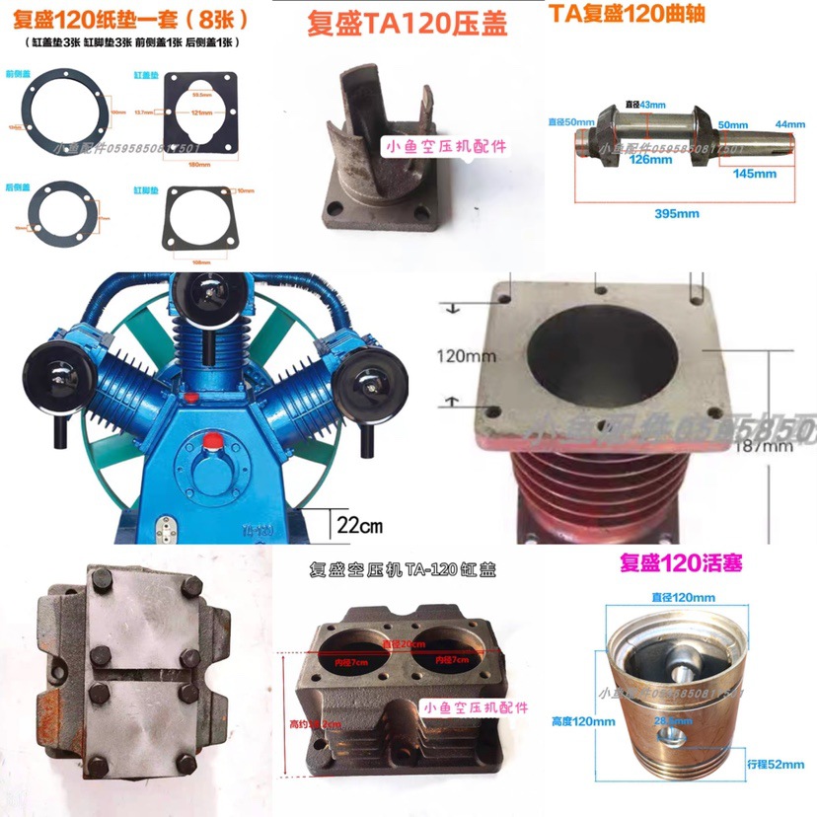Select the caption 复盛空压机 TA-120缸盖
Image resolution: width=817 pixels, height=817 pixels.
pos(406,569)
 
